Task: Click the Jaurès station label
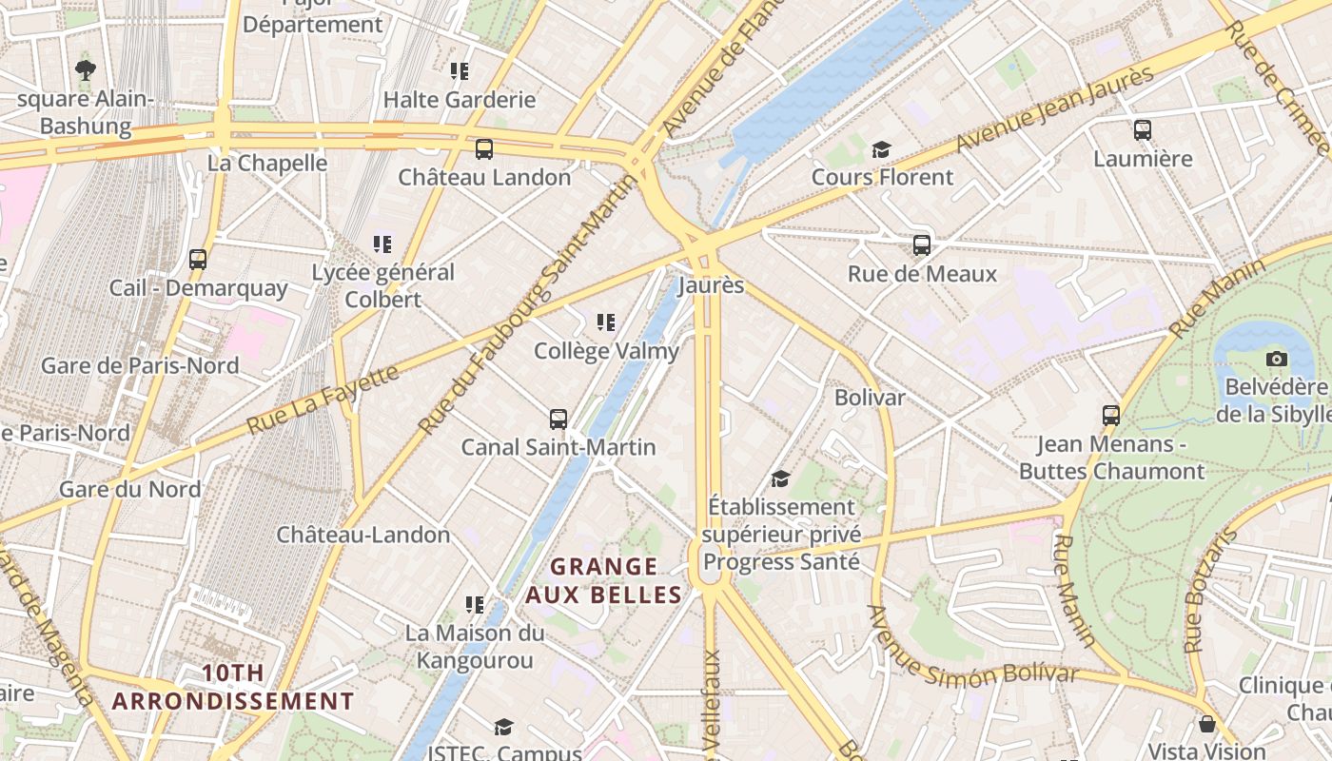[711, 285]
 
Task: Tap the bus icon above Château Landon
[484, 149]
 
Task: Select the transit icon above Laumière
[1143, 130]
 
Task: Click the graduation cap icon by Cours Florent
[881, 149]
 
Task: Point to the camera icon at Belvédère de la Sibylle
[1277, 359]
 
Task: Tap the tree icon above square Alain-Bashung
[85, 69]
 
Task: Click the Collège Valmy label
[606, 350]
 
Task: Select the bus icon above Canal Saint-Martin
[558, 419]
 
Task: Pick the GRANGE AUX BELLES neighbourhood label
[604, 581]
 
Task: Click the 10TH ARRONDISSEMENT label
[233, 688]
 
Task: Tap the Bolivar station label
[870, 397]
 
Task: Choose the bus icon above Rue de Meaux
[922, 245]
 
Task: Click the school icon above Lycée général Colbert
[382, 244]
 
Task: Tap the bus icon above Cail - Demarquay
[198, 259]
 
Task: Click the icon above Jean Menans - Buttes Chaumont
[1111, 416]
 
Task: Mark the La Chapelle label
[267, 163]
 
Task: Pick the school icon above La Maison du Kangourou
[474, 604]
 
